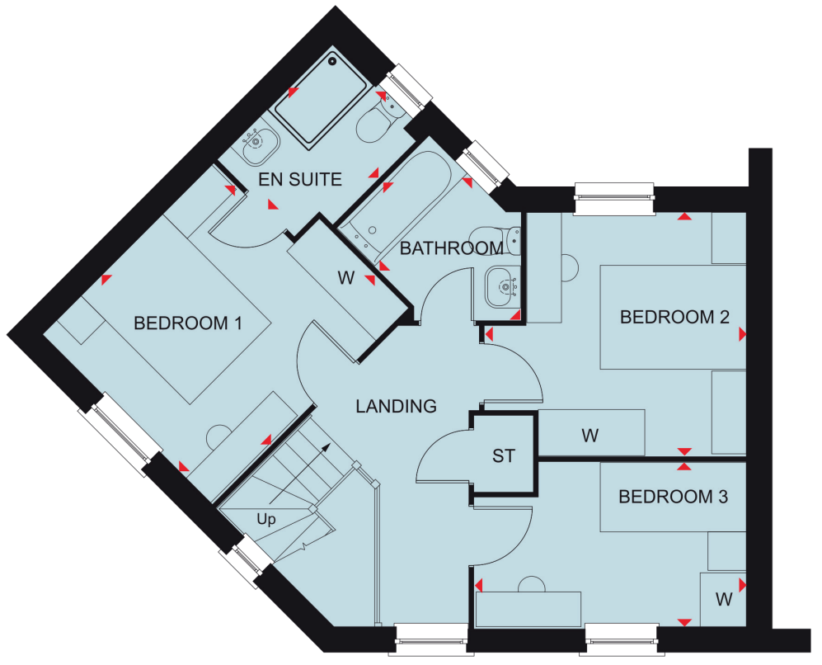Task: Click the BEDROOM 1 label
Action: (188, 323)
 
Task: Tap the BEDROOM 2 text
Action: (674, 317)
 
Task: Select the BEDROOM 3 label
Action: (674, 497)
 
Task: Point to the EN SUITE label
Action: (300, 180)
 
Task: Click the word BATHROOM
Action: (452, 248)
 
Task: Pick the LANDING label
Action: (397, 407)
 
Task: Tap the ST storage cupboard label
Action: (504, 456)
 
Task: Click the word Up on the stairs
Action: (266, 520)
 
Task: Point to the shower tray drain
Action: (331, 61)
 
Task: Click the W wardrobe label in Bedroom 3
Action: (724, 600)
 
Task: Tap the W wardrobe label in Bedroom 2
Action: (590, 436)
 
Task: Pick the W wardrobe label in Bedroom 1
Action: (346, 277)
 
